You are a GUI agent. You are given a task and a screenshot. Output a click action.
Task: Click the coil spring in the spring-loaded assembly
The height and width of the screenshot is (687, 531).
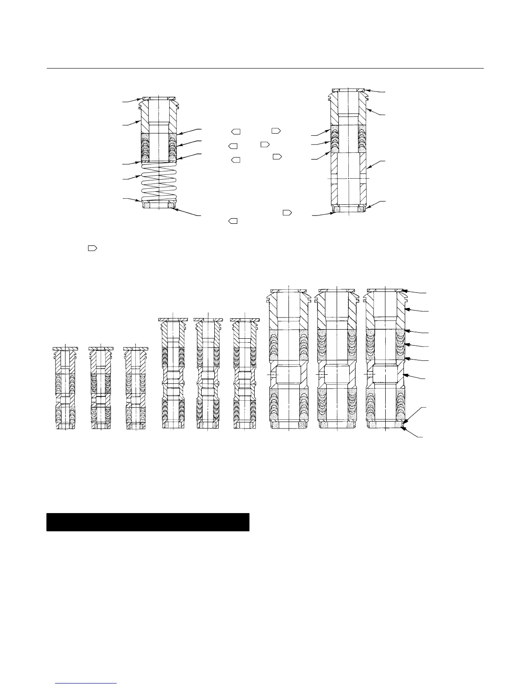click(159, 182)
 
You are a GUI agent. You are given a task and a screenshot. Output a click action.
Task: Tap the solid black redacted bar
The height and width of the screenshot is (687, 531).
click(147, 522)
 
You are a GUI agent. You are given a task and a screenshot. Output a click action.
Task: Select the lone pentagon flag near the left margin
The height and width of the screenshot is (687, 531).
click(92, 249)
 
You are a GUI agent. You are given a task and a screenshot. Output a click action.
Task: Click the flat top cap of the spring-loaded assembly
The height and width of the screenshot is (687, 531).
click(158, 98)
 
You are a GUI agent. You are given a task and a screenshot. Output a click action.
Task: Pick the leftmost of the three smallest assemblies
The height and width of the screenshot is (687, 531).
click(65, 388)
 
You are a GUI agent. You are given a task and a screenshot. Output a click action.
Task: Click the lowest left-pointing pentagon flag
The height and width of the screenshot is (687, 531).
click(233, 221)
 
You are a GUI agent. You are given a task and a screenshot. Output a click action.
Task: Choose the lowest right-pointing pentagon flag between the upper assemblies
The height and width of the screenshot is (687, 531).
click(287, 213)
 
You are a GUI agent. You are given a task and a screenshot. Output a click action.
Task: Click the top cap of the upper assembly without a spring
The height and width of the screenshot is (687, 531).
click(347, 90)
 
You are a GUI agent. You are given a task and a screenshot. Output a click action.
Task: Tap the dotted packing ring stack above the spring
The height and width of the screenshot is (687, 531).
click(158, 147)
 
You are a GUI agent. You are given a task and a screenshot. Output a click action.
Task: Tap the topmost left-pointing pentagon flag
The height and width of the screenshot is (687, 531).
click(236, 131)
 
